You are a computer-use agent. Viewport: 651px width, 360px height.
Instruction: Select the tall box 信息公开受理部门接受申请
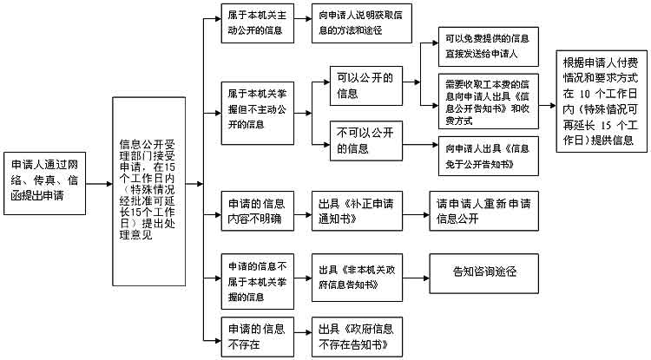coord(149,185)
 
